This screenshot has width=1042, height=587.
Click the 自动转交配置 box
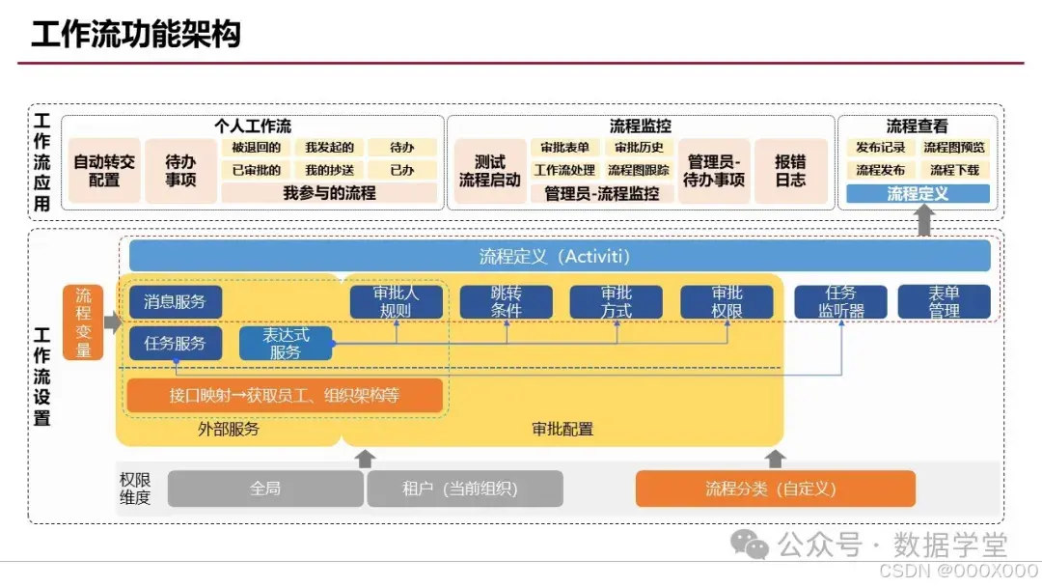pos(104,171)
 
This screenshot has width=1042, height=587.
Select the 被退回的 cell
pos(256,148)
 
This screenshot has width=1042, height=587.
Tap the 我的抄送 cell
pos(329,170)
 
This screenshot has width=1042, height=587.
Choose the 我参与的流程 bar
pos(329,193)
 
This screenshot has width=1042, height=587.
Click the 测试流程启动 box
pos(489,171)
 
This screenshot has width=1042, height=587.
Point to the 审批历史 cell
pos(640,148)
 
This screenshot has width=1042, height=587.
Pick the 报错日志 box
pos(790,171)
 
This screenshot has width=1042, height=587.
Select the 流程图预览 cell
pos(953,148)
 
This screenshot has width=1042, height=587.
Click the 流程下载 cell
pos(953,170)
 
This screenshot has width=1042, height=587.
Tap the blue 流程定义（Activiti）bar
pos(560,256)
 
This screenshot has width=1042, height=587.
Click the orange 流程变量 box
pos(83,322)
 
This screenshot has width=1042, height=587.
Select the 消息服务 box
pos(175,301)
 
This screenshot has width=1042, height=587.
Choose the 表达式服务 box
pos(286,344)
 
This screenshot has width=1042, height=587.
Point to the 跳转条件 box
pos(506,301)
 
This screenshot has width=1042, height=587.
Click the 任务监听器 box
pos(841,301)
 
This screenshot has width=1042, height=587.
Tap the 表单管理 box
pos(944,301)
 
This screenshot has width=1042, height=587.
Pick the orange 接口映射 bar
pos(284,395)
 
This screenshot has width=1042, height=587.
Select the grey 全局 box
pos(265,489)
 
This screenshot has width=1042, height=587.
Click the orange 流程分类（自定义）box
pos(775,489)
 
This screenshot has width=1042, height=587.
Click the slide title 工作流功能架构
pos(135,34)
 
